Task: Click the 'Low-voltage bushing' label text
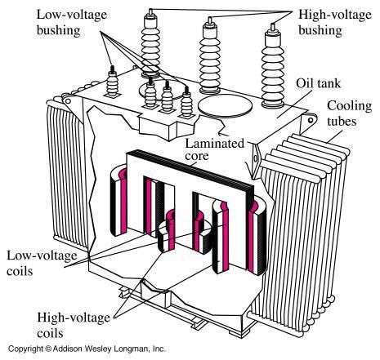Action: click(72, 22)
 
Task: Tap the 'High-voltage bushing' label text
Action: click(335, 22)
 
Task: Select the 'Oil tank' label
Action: click(319, 83)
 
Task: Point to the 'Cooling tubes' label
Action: click(350, 113)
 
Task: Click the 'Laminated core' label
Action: click(215, 149)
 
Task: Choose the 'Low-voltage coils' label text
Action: click(42, 263)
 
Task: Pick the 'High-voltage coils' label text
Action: click(74, 325)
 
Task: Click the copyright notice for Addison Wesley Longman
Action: click(87, 349)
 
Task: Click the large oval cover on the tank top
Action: click(225, 106)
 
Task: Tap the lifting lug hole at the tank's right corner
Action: click(311, 120)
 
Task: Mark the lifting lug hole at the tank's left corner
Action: click(68, 101)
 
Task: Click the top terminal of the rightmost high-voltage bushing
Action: click(273, 27)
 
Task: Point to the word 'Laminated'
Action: click(215, 144)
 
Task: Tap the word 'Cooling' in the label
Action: click(350, 106)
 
